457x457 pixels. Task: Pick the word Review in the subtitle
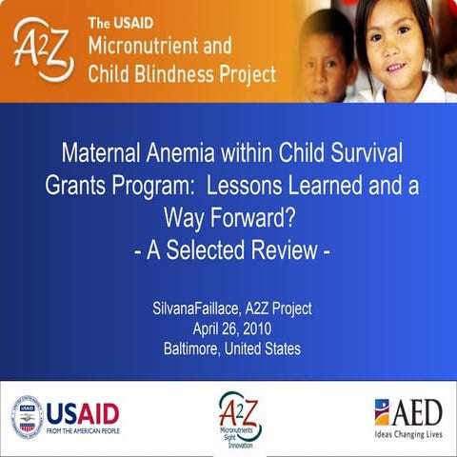[x=287, y=251]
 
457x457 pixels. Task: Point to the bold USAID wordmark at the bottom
[x=83, y=412]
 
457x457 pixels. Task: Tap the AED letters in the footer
[x=419, y=410]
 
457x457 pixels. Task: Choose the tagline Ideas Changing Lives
[x=408, y=434]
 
